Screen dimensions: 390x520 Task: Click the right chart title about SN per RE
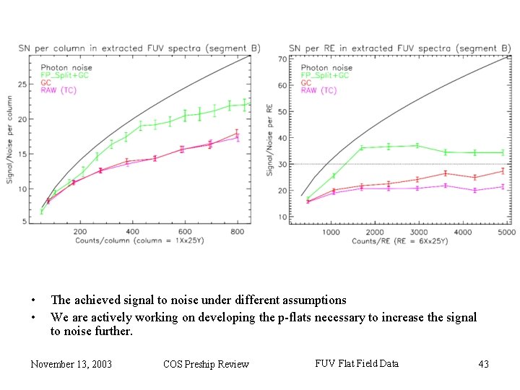coord(399,48)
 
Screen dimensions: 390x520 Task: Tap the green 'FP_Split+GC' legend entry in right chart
coord(325,75)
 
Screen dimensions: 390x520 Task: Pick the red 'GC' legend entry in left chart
coord(45,82)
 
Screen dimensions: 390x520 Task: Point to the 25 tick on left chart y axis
coord(22,84)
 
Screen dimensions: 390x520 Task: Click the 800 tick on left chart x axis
coord(237,231)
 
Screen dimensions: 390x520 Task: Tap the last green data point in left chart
coord(245,104)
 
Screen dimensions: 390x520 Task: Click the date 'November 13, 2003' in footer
coord(71,364)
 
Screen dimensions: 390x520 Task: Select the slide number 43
coord(483,364)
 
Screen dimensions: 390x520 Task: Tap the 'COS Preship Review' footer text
coord(206,364)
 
